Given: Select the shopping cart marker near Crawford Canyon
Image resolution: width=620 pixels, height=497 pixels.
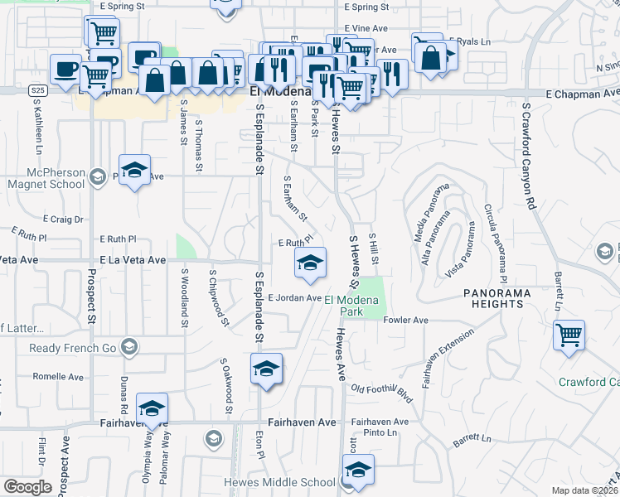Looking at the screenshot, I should coord(569,336).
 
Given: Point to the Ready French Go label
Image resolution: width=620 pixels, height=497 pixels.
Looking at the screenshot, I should coord(73,348).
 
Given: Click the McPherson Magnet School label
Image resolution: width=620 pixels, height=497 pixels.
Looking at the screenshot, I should coord(45,178).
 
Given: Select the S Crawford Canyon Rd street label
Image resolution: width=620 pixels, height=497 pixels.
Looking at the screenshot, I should coord(526,157).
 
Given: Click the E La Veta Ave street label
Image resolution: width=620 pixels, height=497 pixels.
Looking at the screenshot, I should coord(133,260).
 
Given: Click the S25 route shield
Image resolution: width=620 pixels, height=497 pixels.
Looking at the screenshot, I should coord(36,89).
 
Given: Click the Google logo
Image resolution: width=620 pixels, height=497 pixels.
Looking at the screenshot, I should coord(27,486).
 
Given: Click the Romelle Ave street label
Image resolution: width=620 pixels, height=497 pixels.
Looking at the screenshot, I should coord(57,377).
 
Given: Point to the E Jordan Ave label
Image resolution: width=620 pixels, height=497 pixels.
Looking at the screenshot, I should coord(294,298).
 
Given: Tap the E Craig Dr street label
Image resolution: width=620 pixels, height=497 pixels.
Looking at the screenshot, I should coord(62,220).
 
